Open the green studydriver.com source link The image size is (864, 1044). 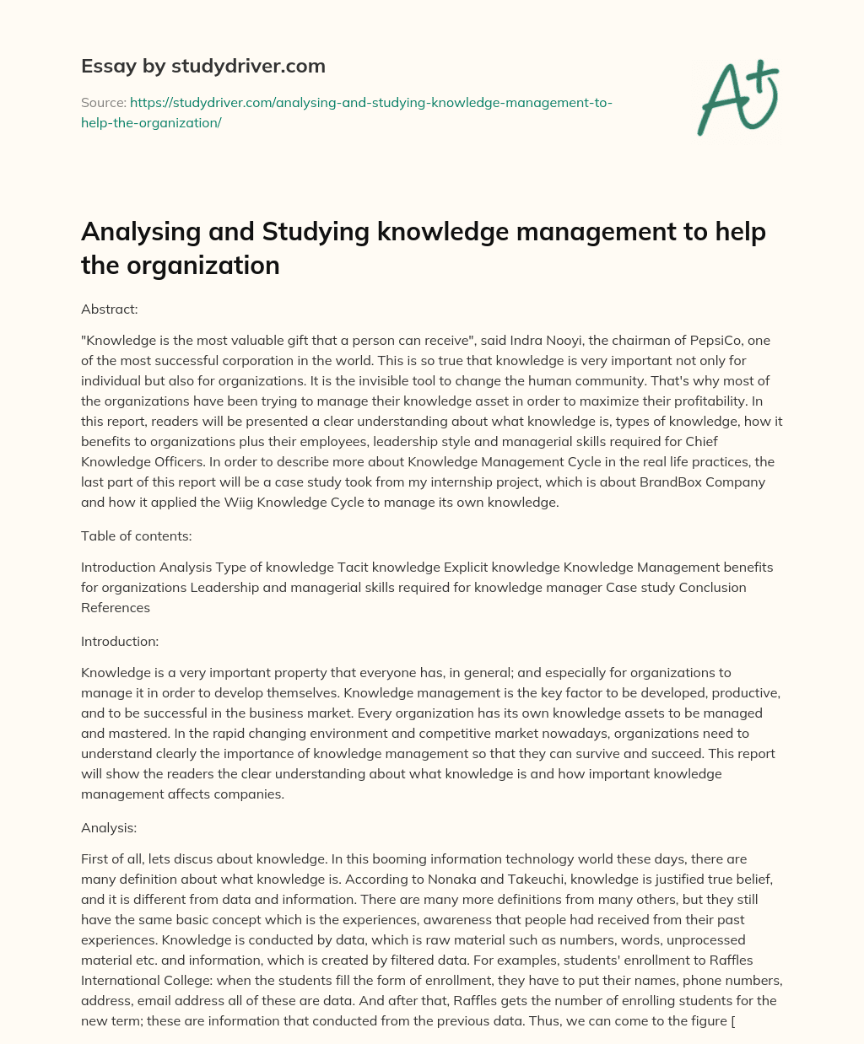(346, 112)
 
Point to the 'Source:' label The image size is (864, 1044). (103, 102)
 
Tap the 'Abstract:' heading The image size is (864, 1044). (109, 309)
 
